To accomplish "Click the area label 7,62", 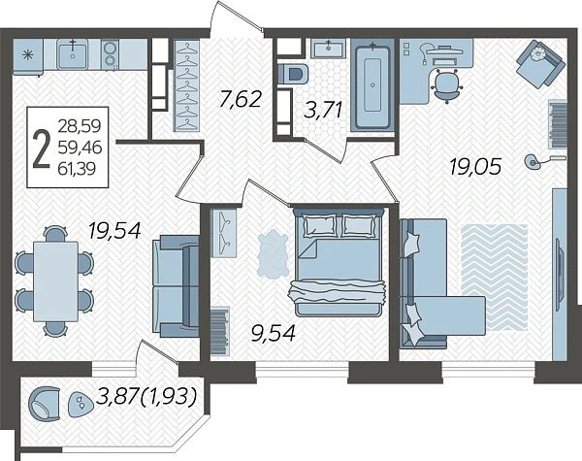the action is tap(241, 100).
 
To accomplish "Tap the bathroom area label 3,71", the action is tap(323, 110).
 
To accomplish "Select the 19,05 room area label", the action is tap(475, 166).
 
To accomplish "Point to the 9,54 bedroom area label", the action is tap(274, 333).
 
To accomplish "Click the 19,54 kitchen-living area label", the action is tap(115, 230).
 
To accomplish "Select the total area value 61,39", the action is tap(77, 169).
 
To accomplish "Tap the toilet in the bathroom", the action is tap(293, 74).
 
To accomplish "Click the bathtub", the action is tap(372, 85).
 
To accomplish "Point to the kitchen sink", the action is tap(73, 54).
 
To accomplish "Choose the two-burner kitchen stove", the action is tap(110, 54).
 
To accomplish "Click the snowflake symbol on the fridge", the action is tap(27, 55).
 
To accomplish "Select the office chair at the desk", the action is tap(446, 85).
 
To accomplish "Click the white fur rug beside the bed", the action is tap(274, 253).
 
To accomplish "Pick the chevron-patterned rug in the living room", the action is tap(494, 278).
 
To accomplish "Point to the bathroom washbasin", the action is tap(329, 49).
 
